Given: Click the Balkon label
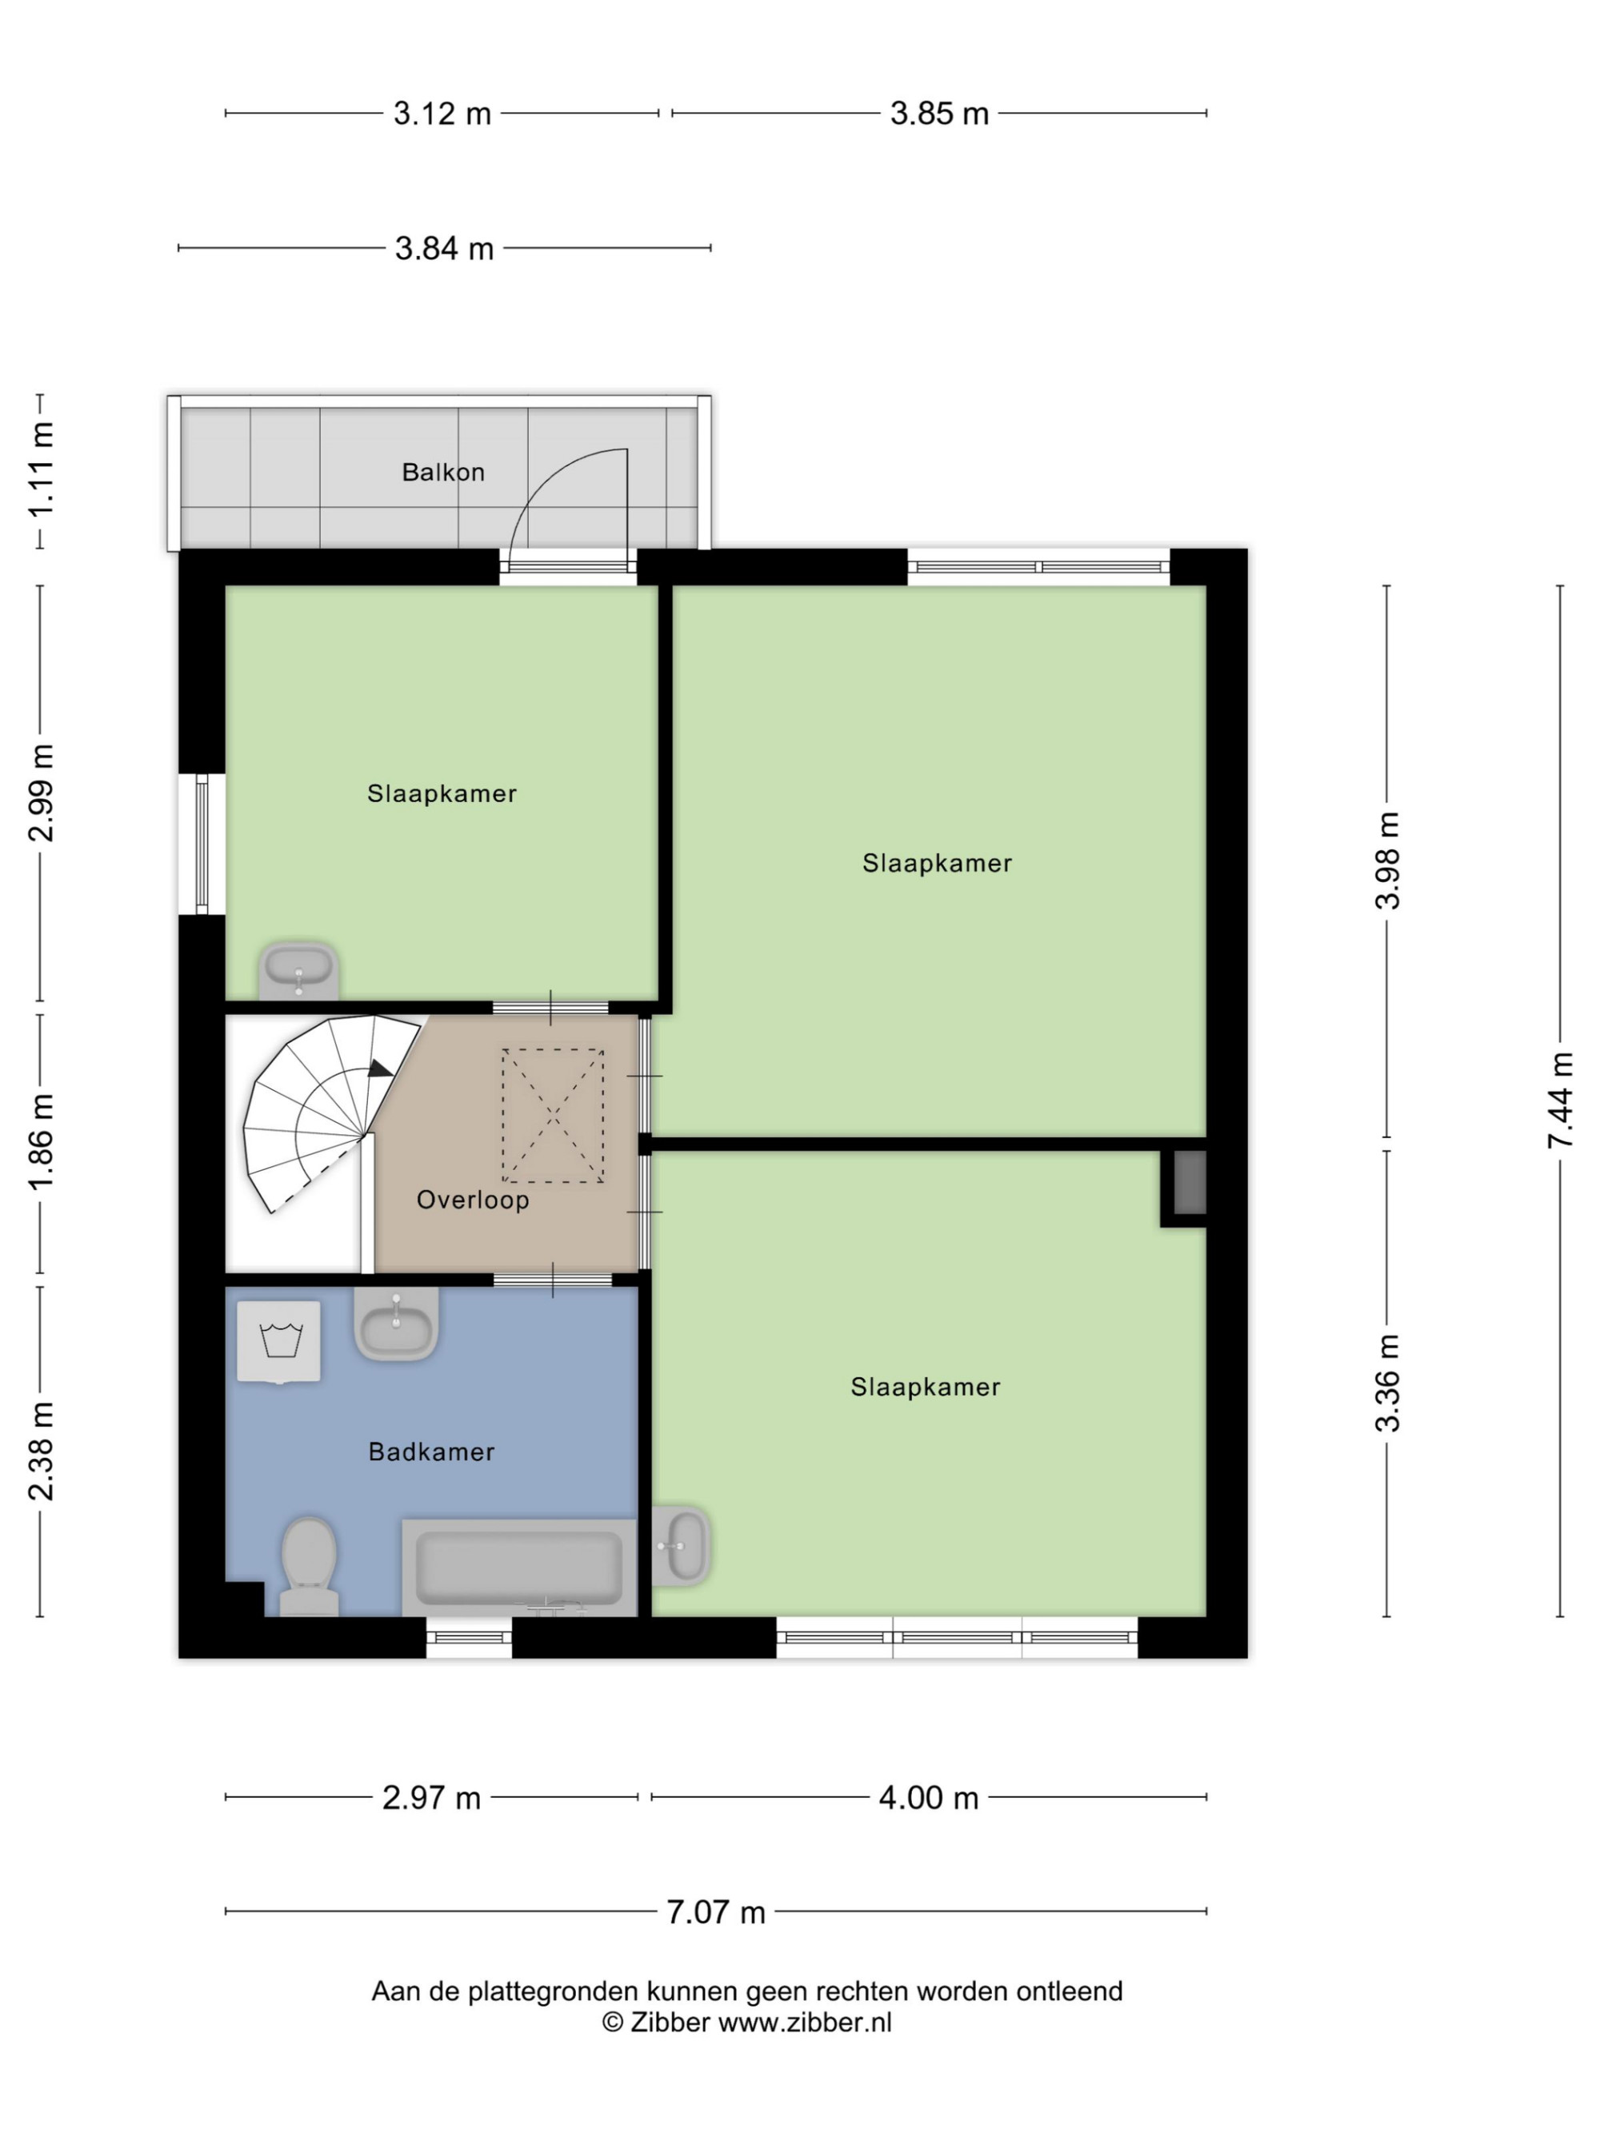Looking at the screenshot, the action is coord(442,473).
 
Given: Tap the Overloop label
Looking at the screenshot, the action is coord(473,1200).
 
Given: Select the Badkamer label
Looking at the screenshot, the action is coord(431,1452).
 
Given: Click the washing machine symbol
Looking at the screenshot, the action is coord(278,1341).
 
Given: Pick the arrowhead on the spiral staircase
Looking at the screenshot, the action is coord(380,1068).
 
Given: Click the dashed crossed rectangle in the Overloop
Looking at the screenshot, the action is coord(553,1116).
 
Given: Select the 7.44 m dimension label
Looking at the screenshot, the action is coord(1559,1100).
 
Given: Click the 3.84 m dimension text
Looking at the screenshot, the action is coord(444,249).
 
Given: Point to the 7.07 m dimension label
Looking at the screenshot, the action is coord(716,1911).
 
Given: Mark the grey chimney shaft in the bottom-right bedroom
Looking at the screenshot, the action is coord(1189,1182).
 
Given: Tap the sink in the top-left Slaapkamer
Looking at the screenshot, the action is coord(298,970).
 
